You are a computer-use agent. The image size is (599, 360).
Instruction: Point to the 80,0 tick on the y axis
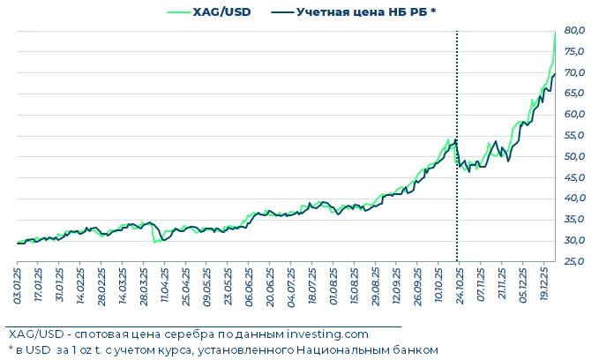[x=574, y=30]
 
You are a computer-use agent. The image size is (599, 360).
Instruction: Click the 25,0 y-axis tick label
[x=574, y=261]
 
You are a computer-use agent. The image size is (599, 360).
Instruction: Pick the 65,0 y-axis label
[x=574, y=94]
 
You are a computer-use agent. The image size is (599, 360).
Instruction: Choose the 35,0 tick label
[x=574, y=220]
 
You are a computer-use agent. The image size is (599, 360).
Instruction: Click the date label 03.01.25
[x=17, y=288]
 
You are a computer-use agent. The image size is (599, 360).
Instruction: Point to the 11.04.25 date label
[x=164, y=288]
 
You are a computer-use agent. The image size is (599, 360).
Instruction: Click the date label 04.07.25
[x=291, y=288]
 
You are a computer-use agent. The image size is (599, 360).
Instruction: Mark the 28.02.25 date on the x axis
[x=101, y=288]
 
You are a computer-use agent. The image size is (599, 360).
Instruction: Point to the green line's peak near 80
[x=555, y=32]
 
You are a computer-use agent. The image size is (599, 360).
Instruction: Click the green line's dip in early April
[x=155, y=242]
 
